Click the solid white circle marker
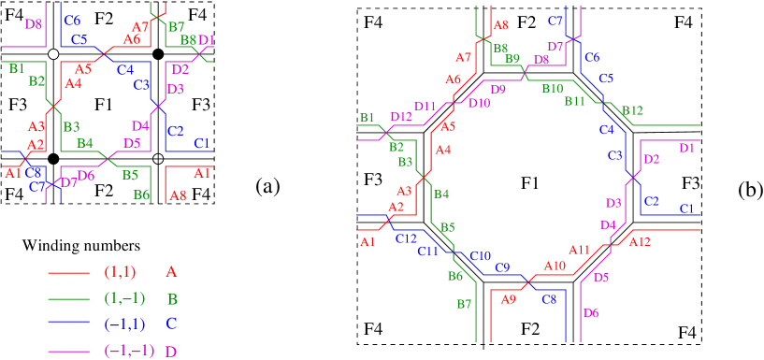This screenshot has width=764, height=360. pyautogui.click(x=53, y=55)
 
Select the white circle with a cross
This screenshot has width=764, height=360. pyautogui.click(x=158, y=158)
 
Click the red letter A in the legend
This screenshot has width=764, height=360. pyautogui.click(x=171, y=272)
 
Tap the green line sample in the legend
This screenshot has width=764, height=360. pyautogui.click(x=68, y=299)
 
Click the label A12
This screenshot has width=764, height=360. pyautogui.click(x=640, y=242)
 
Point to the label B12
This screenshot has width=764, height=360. pyautogui.click(x=632, y=111)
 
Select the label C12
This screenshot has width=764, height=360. pyautogui.click(x=406, y=238)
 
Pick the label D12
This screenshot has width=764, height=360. pyautogui.click(x=401, y=117)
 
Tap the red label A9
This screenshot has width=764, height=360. pyautogui.click(x=509, y=299)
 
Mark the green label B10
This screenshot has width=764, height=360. pyautogui.click(x=553, y=89)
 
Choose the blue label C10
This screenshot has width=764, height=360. pyautogui.click(x=481, y=255)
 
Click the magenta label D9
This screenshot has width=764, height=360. pyautogui.click(x=497, y=90)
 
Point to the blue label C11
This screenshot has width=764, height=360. pyautogui.click(x=427, y=251)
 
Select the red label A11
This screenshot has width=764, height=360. pyautogui.click(x=580, y=250)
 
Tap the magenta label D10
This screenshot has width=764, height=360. pyautogui.click(x=479, y=104)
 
